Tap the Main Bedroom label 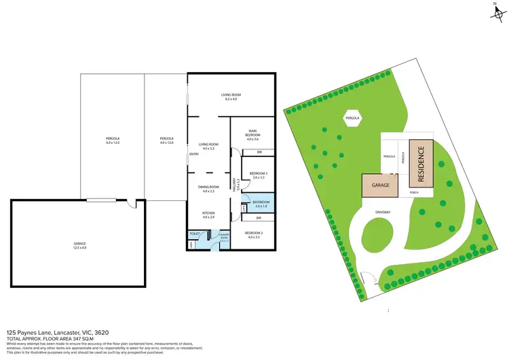click(252, 132)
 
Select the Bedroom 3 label click(259, 175)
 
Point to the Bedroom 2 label click(254, 234)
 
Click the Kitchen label click(208, 215)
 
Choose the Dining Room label click(208, 189)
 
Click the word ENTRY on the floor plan click(194, 154)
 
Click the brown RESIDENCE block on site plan click(420, 165)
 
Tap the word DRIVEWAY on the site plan click(383, 212)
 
